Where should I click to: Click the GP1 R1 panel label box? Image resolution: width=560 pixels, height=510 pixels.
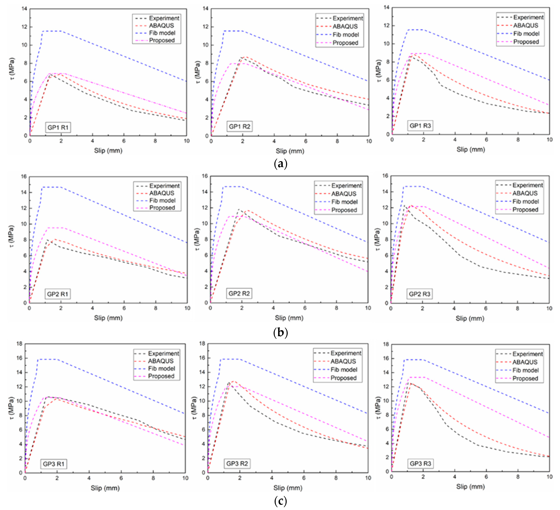click(58, 127)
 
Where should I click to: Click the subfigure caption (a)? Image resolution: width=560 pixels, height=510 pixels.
click(280, 164)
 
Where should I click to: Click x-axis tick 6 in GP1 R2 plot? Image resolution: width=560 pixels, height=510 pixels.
click(305, 141)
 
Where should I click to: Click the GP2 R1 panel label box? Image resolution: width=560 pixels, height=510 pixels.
click(58, 294)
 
